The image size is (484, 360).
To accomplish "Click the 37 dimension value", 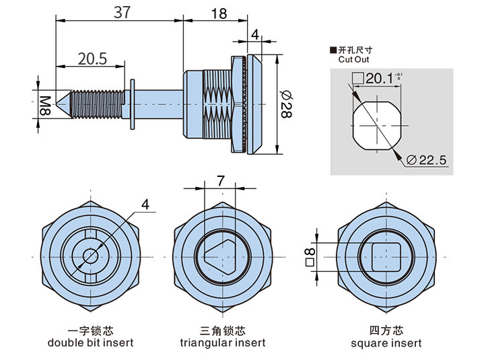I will pyautogui.click(x=121, y=11).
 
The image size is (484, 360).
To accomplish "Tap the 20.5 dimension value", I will pyautogui.click(x=93, y=59).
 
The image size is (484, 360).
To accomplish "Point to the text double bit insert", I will pyautogui.click(x=90, y=343).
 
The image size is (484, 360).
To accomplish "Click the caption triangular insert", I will pyautogui.click(x=223, y=343).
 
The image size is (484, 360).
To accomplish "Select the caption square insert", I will pyautogui.click(x=386, y=343).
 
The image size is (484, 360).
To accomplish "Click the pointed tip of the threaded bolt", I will pyautogui.click(x=62, y=104).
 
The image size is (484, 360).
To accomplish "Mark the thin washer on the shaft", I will pyautogui.click(x=133, y=104).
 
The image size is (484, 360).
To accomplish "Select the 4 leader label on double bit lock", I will pyautogui.click(x=146, y=205).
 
